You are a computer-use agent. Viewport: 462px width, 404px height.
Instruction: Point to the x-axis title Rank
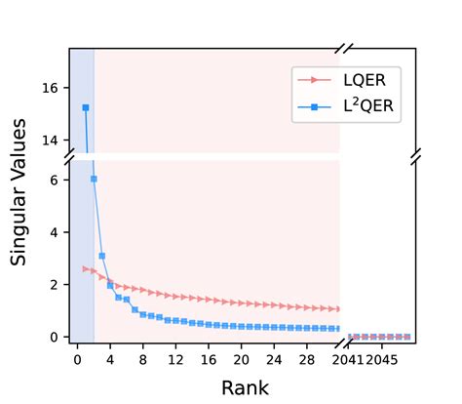(x=245, y=387)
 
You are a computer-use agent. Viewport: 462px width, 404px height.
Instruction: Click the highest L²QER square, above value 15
(x=86, y=107)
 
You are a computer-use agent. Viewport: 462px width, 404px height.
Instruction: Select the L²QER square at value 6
(x=94, y=179)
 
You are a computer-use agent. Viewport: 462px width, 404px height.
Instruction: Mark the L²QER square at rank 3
(x=101, y=256)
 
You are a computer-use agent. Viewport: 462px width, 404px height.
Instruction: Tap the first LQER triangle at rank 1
(x=86, y=268)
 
